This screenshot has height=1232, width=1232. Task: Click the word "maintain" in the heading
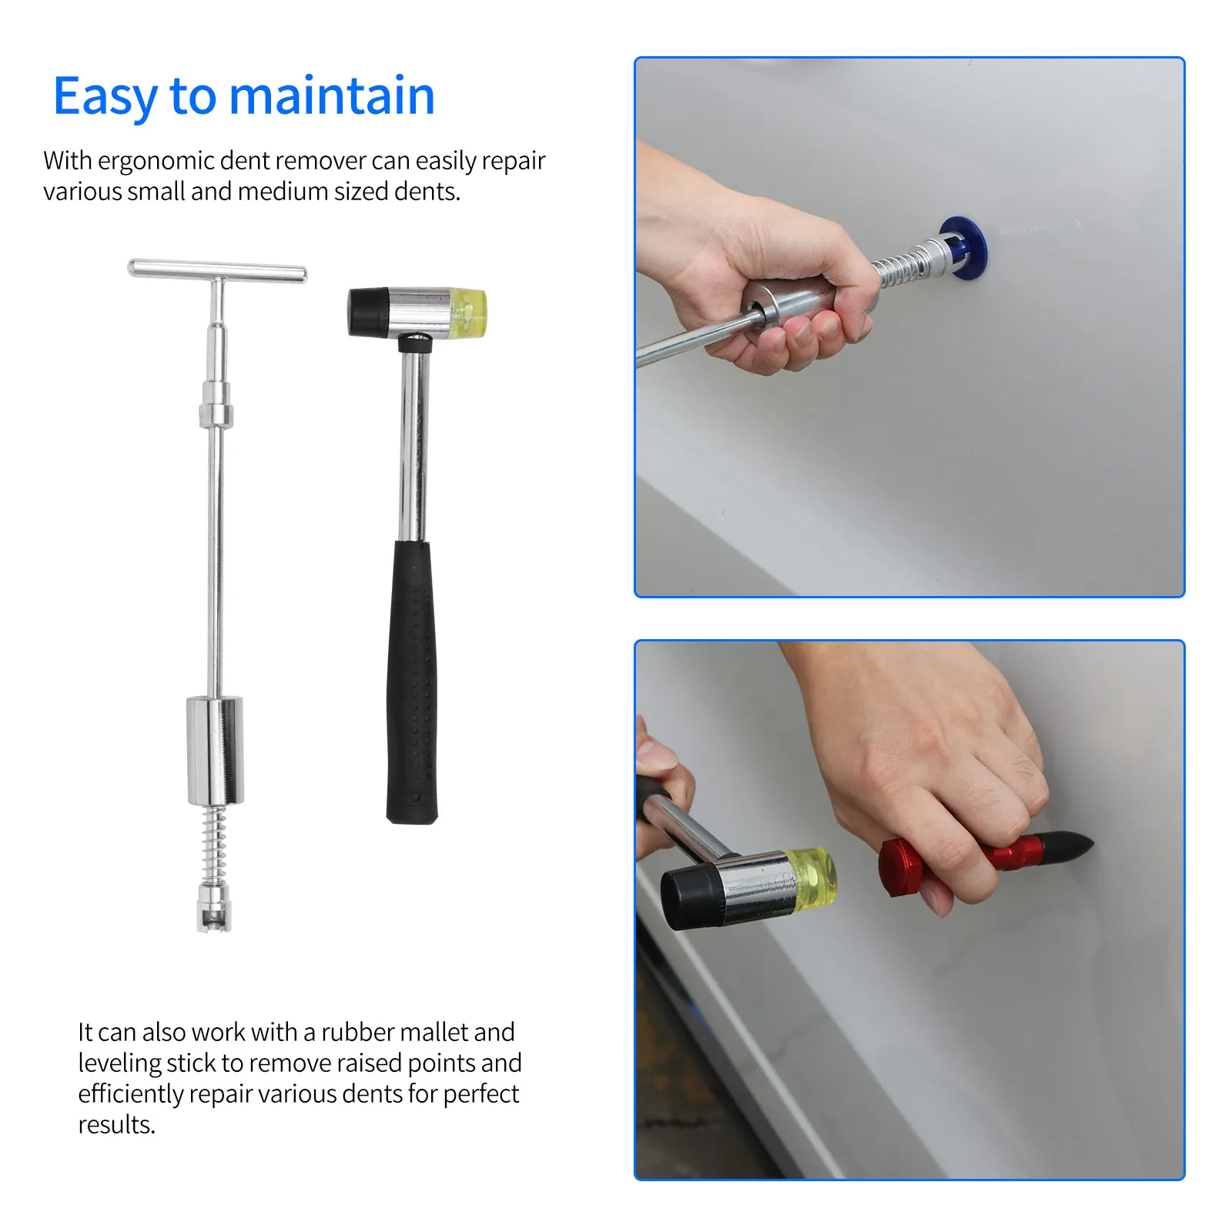pyautogui.click(x=332, y=97)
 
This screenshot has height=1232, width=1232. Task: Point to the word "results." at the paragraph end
pyautogui.click(x=116, y=1124)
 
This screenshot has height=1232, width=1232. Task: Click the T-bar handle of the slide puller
pyautogui.click(x=217, y=271)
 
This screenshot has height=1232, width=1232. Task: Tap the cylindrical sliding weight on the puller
pyautogui.click(x=215, y=750)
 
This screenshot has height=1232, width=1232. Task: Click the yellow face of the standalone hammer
pyautogui.click(x=469, y=313)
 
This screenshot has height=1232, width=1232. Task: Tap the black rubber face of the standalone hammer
pyautogui.click(x=367, y=312)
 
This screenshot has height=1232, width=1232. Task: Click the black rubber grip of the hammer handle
pyautogui.click(x=413, y=681)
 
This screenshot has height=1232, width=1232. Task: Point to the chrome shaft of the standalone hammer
pyautogui.click(x=413, y=447)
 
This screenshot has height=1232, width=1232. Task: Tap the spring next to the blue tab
pyautogui.click(x=897, y=266)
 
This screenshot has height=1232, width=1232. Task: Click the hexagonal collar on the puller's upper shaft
pyautogui.click(x=216, y=406)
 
